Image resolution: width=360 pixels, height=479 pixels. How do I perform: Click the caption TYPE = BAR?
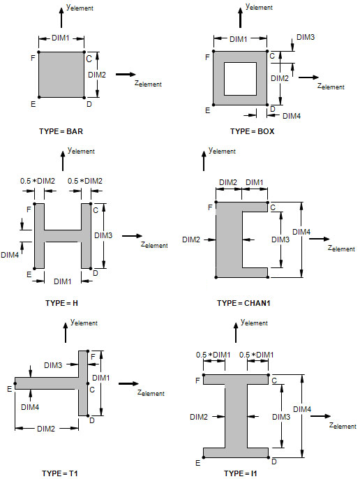(x=61, y=131)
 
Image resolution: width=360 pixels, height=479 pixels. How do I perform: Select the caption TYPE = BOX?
(x=253, y=131)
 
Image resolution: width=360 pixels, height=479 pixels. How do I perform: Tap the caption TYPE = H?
(x=61, y=303)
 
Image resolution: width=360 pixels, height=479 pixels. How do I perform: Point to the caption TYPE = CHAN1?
(x=243, y=303)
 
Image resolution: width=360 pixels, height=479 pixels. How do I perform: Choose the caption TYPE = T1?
(x=60, y=473)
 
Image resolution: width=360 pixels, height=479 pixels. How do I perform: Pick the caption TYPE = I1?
(x=241, y=473)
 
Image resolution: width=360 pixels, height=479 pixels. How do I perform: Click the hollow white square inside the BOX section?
(x=240, y=79)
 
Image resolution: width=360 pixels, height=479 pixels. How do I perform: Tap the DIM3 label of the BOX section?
(x=306, y=37)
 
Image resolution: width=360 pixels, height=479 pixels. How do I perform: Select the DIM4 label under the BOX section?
(x=292, y=116)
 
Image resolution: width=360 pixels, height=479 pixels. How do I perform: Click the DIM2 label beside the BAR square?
(x=97, y=75)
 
